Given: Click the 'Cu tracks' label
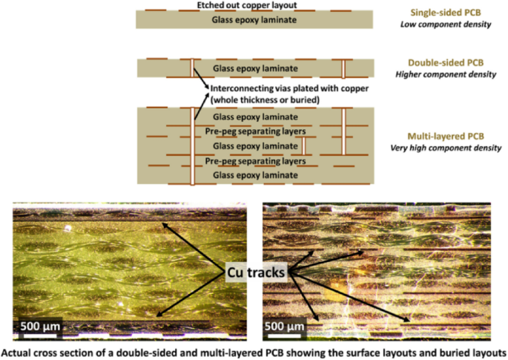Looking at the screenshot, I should pos(257,273).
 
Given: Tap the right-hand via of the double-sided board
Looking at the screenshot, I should pos(343,69).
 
